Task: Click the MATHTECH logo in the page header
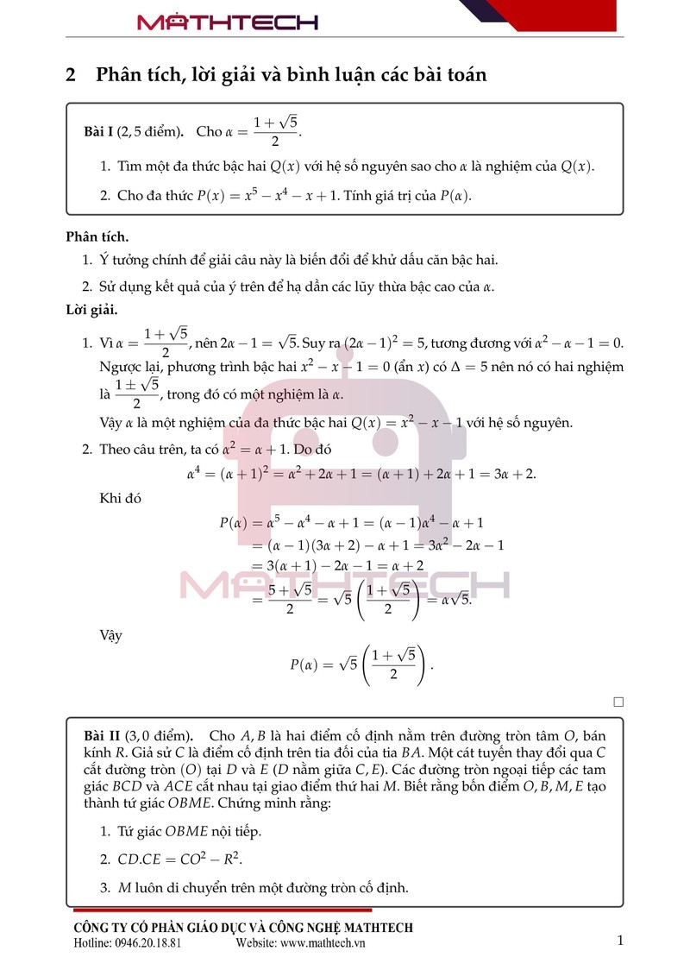coord(228,22)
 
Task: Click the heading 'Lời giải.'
coord(91,309)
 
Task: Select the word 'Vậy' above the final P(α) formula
coord(111,635)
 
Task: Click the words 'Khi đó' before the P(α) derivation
coord(120,498)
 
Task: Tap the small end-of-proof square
coord(618,702)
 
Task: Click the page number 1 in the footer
coord(619,941)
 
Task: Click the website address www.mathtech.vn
coord(310,943)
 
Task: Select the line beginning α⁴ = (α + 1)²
coord(361,474)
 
